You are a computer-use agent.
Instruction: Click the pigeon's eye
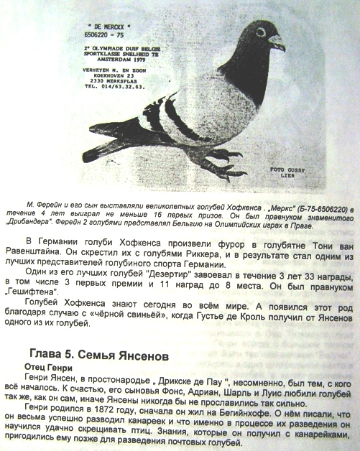point(259,32)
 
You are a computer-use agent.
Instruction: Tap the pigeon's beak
point(277,40)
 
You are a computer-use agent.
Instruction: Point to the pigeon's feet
point(216,154)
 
